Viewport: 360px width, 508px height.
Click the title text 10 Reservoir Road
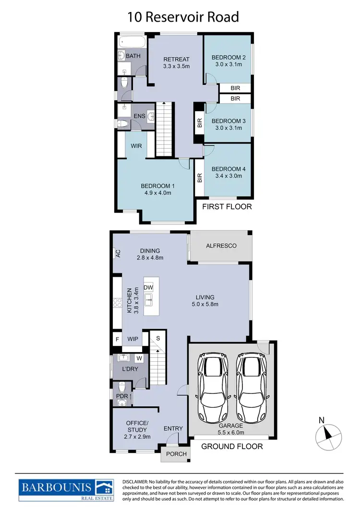click(x=183, y=17)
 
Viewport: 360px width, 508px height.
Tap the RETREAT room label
click(x=176, y=59)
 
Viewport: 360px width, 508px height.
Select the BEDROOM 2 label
click(x=228, y=58)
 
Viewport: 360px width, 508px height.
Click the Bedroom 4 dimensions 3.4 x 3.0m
click(x=228, y=176)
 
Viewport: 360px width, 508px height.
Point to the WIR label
click(x=136, y=146)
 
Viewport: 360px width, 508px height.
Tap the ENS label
click(x=139, y=116)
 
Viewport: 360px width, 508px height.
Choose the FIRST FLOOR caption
click(x=227, y=207)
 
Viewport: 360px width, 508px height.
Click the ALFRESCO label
click(x=221, y=246)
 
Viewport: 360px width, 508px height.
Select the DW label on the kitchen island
click(x=148, y=287)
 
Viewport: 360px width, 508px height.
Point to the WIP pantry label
click(x=133, y=339)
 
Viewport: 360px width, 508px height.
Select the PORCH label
click(x=176, y=454)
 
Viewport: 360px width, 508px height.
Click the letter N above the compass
click(x=322, y=420)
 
